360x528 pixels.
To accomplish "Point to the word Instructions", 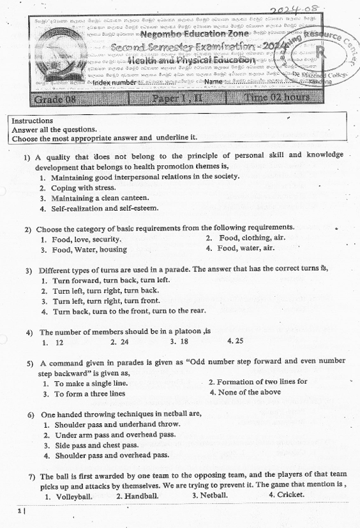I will [33, 120].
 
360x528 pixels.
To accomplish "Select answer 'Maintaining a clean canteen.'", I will [100, 198].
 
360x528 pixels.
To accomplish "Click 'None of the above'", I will [249, 393].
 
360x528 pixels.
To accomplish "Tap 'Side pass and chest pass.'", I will [96, 445].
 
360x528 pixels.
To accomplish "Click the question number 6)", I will [31, 414].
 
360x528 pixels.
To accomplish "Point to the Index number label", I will [115, 82].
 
